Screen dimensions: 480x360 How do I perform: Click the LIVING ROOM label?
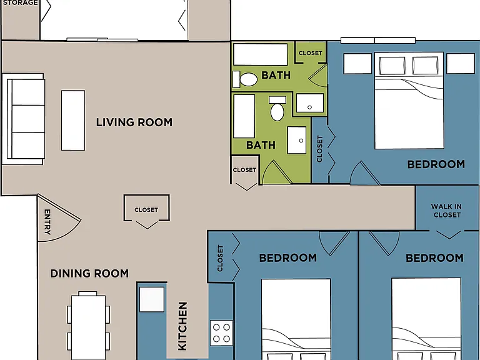134,122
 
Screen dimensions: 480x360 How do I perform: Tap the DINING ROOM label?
89,273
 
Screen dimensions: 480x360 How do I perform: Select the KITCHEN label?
182,326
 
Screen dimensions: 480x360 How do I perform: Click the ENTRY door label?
47,222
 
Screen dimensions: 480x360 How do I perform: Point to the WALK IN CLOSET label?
447,211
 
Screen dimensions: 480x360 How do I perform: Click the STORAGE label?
20,2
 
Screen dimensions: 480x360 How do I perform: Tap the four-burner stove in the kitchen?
221,333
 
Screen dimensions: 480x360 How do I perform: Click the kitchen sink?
152,299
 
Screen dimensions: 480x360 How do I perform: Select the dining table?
88,327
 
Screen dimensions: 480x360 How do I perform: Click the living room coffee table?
73,120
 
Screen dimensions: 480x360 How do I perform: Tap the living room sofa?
24,119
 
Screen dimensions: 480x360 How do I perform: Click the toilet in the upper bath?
245,79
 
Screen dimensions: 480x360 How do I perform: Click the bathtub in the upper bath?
261,54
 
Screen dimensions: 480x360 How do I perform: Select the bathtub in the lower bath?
244,116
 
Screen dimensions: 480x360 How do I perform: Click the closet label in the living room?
146,210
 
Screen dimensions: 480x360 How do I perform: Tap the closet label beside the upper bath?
311,53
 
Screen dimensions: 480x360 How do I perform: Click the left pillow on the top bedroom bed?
392,66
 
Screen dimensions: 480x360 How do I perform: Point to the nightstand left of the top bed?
357,64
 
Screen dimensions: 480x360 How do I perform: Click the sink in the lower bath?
297,140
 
